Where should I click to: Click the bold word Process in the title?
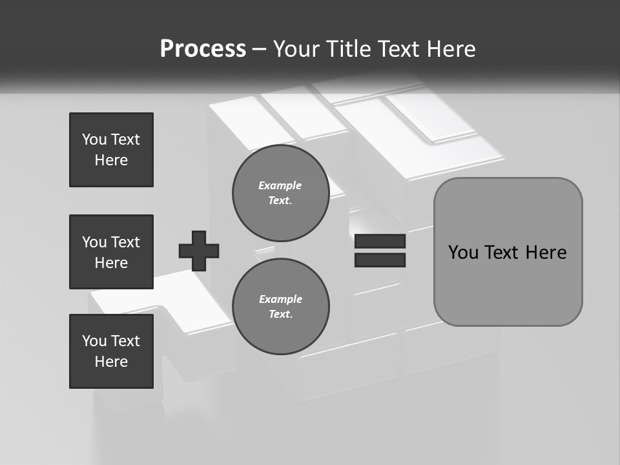[203, 49]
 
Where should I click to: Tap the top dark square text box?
[111, 150]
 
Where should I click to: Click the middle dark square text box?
[111, 252]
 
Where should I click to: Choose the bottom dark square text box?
[111, 351]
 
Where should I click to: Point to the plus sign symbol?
[199, 251]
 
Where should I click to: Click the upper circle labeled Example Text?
[280, 192]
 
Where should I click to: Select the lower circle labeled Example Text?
[280, 306]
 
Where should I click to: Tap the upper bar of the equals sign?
[380, 242]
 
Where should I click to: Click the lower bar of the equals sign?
[380, 260]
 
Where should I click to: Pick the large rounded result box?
[508, 252]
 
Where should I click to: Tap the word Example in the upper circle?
[280, 185]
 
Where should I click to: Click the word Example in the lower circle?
[280, 299]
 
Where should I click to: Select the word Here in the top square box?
[111, 160]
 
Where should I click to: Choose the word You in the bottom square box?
[94, 341]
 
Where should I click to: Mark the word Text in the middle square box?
[125, 242]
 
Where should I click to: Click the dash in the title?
[260, 49]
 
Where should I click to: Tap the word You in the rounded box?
[463, 253]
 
